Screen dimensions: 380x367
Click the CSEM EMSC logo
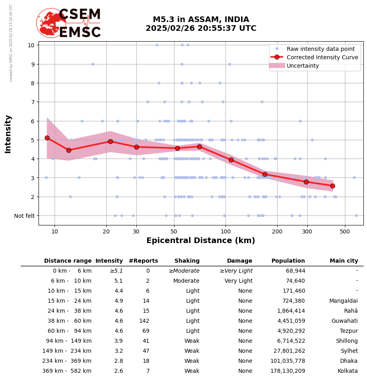click(x=69, y=23)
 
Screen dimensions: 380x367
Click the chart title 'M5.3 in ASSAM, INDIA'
click(x=201, y=20)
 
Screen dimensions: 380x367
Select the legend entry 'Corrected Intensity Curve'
click(x=322, y=57)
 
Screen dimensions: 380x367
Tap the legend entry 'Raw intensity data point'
click(x=320, y=49)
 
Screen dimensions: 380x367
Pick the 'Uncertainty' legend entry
click(x=303, y=66)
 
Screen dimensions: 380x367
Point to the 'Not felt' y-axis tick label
click(x=24, y=216)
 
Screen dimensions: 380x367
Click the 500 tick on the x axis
click(x=345, y=231)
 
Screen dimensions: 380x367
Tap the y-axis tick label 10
click(x=31, y=45)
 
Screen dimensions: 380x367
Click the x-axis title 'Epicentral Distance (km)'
click(x=201, y=241)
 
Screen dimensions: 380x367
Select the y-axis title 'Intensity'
click(x=8, y=134)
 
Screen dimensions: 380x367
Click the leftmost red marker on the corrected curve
click(x=47, y=138)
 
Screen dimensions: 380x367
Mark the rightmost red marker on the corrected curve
click(x=333, y=186)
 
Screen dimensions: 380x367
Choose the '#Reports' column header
click(x=143, y=261)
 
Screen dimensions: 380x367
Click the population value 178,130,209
click(x=287, y=371)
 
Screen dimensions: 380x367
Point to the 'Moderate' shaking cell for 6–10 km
click(x=186, y=281)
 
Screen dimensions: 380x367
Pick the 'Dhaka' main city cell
click(x=349, y=361)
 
